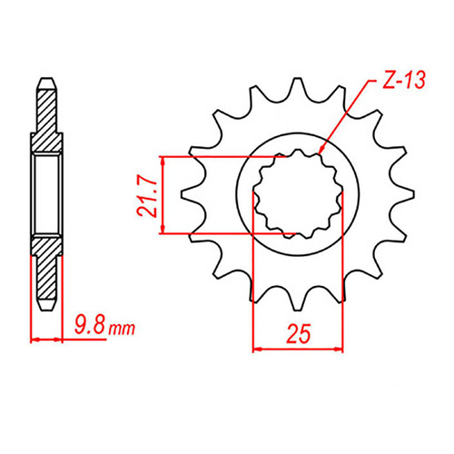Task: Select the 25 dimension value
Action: [x=297, y=332]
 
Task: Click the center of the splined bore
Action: [x=297, y=194]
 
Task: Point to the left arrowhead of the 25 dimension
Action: [x=255, y=348]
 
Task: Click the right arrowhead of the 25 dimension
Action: [x=341, y=348]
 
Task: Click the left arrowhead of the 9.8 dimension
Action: [x=34, y=340]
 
